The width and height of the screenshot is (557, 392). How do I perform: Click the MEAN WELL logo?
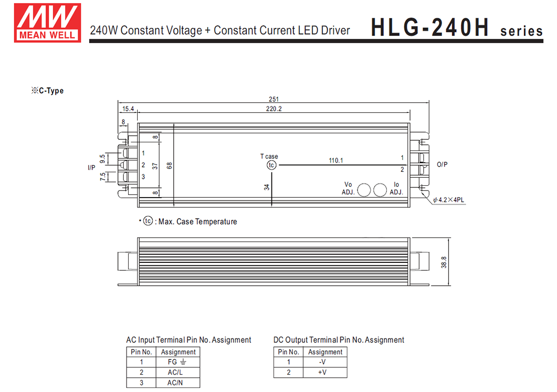coord(47,23)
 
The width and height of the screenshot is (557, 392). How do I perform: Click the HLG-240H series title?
coord(457,28)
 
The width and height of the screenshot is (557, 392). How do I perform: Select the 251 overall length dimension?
coord(273,99)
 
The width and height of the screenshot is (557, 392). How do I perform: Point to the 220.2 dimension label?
coord(273,109)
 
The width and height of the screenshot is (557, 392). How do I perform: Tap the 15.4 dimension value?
coord(128,109)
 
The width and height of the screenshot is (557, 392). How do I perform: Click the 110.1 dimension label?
coord(336,160)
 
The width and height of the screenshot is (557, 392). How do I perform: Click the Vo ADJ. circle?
coord(364,190)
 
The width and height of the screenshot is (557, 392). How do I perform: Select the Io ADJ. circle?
coord(380,190)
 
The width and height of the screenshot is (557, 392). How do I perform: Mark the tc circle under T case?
coord(271,165)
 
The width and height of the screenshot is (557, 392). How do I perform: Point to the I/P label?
coord(91,168)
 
